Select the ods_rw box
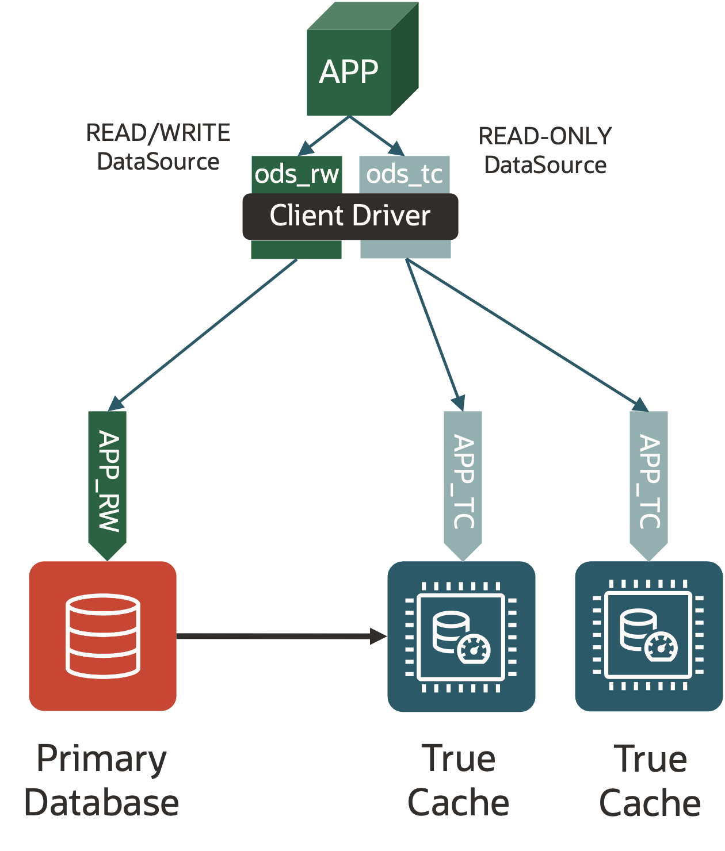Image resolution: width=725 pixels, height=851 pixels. tap(297, 174)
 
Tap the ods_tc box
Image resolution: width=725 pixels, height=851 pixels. tap(405, 174)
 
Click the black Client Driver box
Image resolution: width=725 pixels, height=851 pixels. tap(350, 216)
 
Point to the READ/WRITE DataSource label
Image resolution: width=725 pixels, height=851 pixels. tap(158, 147)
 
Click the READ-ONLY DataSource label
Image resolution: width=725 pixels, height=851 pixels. tap(545, 151)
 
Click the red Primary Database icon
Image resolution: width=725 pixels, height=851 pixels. tap(103, 636)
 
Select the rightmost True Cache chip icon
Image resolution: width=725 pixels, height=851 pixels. tap(648, 636)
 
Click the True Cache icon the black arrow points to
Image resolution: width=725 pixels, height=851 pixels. tap(461, 636)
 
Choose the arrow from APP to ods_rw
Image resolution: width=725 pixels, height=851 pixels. tap(324, 136)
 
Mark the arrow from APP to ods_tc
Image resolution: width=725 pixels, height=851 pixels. tap(377, 136)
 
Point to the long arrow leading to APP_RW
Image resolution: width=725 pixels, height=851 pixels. tap(204, 333)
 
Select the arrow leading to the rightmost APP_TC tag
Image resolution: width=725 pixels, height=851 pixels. tap(526, 333)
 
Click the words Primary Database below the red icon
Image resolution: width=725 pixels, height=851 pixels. tap(101, 780)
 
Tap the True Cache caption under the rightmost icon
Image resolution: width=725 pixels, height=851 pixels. tap(650, 780)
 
